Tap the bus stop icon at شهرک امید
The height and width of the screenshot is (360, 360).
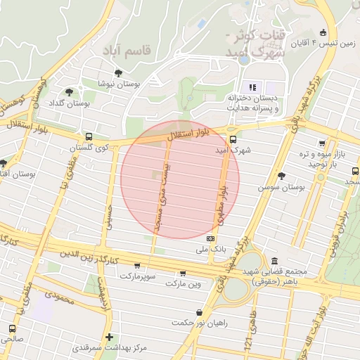coord(233,139)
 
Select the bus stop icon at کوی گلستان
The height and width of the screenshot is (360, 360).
coord(89,137)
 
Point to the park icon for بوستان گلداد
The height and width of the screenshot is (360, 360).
coord(69,91)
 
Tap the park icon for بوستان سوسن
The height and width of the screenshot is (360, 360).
coord(282,176)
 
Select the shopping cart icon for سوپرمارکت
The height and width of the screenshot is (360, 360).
coord(136,266)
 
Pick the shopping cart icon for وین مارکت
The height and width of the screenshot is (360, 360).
coord(183,274)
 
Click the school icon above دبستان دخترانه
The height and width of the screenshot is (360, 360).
coord(252,87)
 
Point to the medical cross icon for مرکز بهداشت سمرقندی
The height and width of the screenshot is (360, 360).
coord(109,337)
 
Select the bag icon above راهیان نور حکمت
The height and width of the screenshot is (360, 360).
coord(200,311)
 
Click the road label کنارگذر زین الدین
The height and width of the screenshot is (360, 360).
coord(91,256)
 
